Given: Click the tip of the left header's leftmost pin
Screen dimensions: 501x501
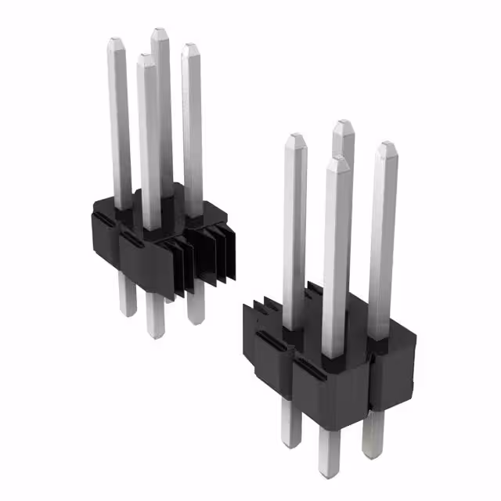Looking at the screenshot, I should pos(116,41).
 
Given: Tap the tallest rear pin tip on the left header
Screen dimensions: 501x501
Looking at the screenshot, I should pos(160,33).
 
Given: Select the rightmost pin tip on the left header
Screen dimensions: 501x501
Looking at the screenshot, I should pos(189,48).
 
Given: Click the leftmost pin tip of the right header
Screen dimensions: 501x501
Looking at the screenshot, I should pos(295,139).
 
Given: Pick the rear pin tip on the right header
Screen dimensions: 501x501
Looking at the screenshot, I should pos(342,124).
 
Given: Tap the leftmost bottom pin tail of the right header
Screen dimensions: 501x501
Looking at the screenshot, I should pos(291,442).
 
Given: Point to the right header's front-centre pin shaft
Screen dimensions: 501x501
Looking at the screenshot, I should pos(335,258).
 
